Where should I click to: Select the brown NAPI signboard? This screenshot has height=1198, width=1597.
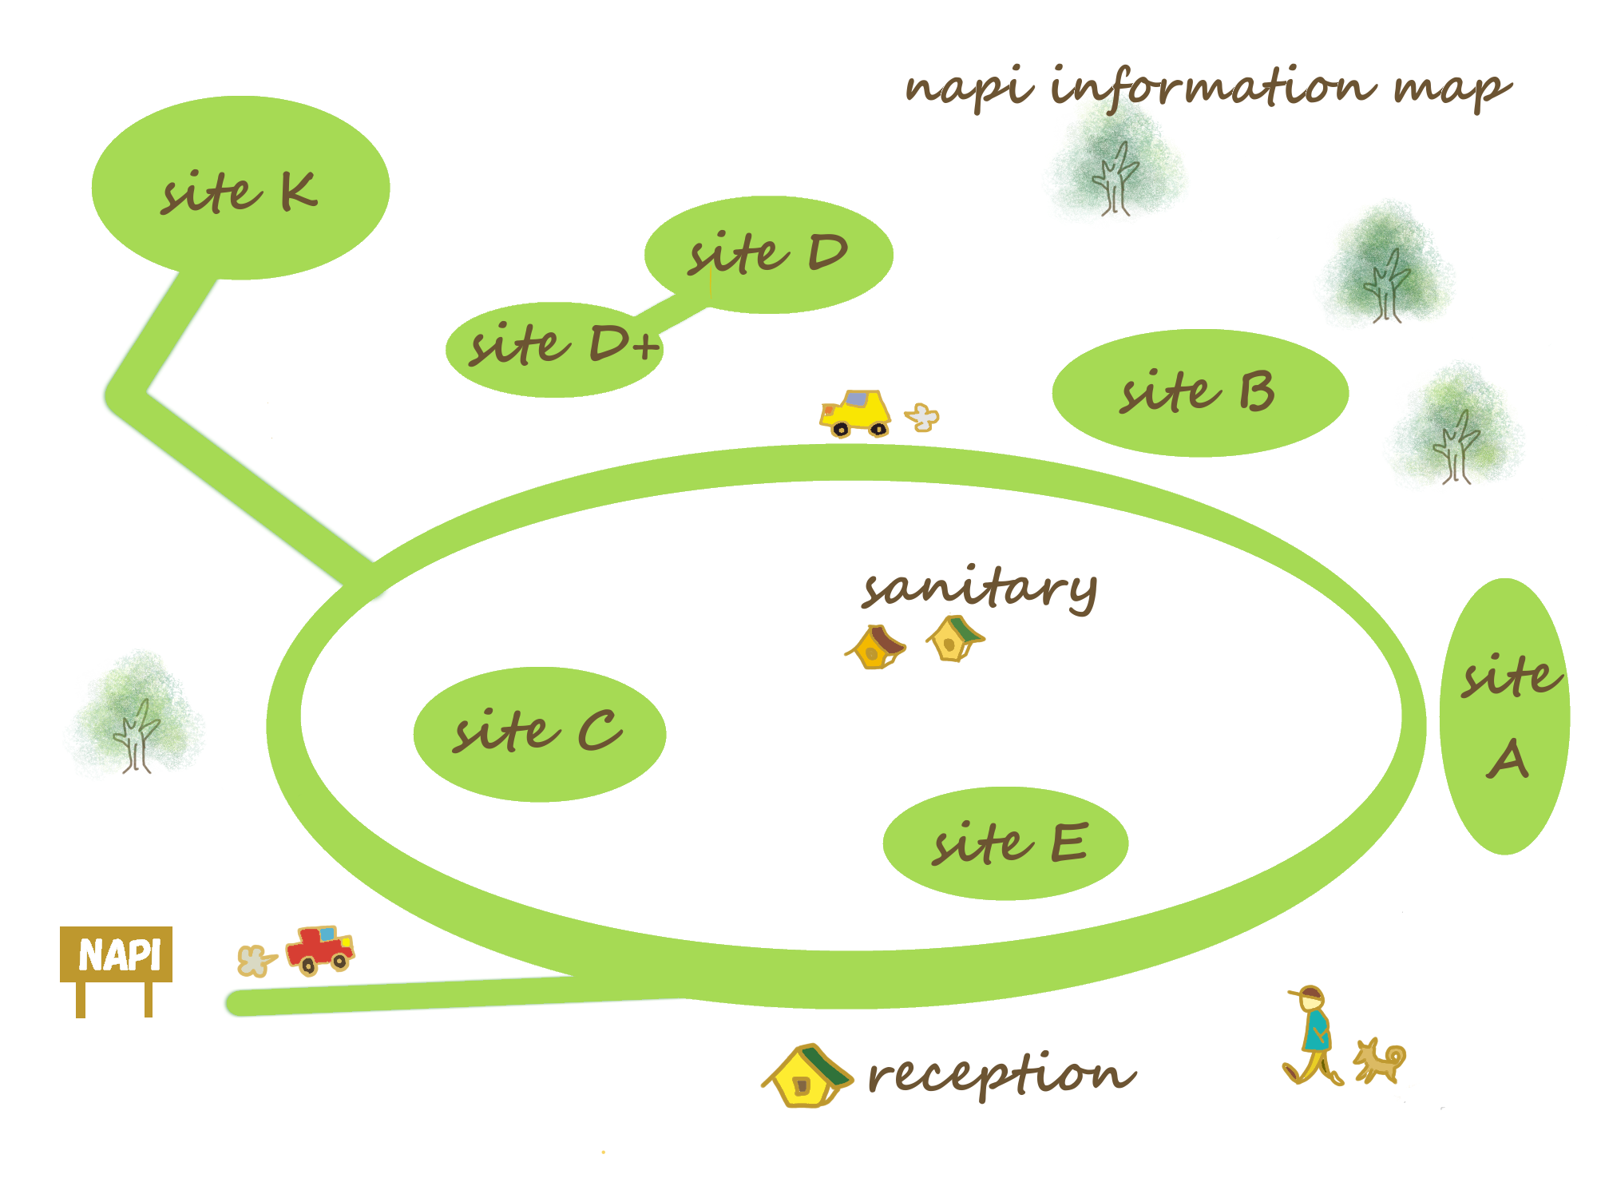pyautogui.click(x=117, y=954)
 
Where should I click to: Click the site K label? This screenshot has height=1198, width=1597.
pyautogui.click(x=239, y=192)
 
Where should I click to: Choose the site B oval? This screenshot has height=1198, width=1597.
pyautogui.click(x=1199, y=392)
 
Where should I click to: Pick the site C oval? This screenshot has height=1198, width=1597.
pyautogui.click(x=539, y=733)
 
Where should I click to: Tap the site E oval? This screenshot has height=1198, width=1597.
pyautogui.click(x=1005, y=843)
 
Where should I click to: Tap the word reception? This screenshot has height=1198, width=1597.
pyautogui.click(x=1000, y=1074)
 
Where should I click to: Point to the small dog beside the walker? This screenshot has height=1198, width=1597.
pyautogui.click(x=1380, y=1061)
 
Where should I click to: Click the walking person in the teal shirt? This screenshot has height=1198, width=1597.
pyautogui.click(x=1313, y=1035)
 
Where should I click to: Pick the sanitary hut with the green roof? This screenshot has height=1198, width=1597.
pyautogui.click(x=955, y=638)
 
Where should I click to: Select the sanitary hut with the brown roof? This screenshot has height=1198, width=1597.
pyautogui.click(x=877, y=647)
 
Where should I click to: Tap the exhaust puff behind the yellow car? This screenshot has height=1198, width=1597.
pyautogui.click(x=922, y=416)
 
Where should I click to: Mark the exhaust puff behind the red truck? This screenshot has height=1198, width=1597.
pyautogui.click(x=255, y=961)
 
